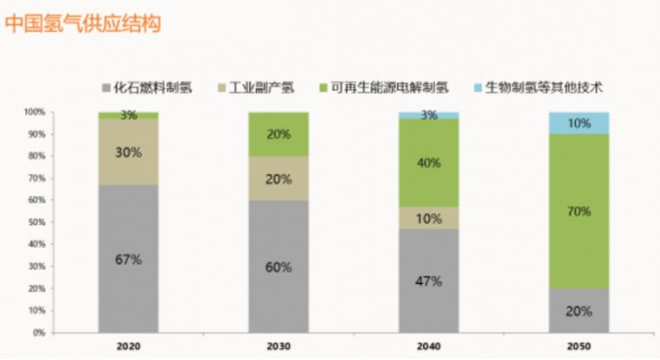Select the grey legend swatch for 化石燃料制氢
(x=107, y=87)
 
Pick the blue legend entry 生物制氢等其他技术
(x=544, y=87)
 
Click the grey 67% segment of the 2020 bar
(x=128, y=258)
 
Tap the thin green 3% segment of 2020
(x=128, y=115)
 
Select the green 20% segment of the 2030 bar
(x=279, y=133)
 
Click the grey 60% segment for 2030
(x=279, y=266)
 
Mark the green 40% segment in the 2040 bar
(x=429, y=163)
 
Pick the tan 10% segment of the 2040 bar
(x=429, y=217)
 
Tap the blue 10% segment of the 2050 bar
(x=579, y=123)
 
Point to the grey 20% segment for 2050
(x=579, y=310)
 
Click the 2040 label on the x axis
(x=429, y=345)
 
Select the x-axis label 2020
(x=128, y=345)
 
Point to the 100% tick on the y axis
(x=35, y=112)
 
